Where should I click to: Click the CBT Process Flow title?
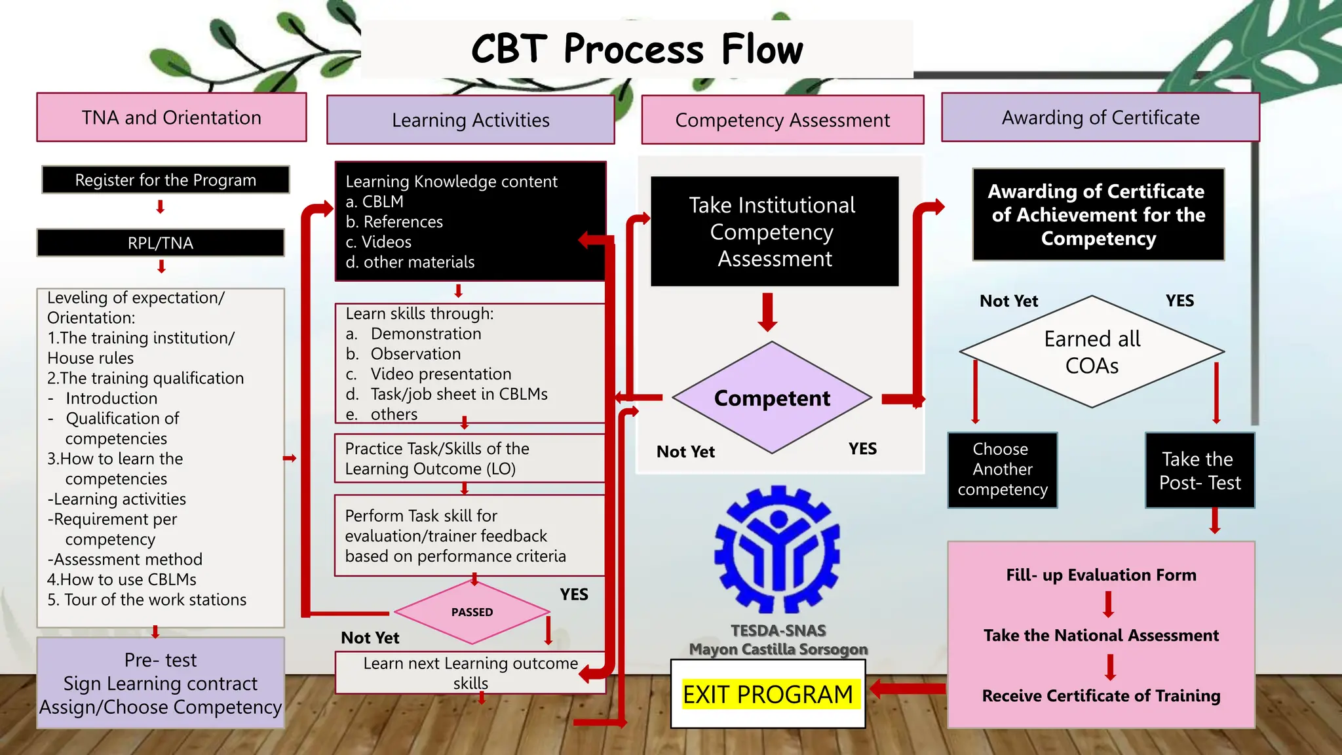coord(636,49)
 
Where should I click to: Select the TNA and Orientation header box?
coord(172,117)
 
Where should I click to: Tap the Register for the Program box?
coord(165,180)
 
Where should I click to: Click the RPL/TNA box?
coord(161,243)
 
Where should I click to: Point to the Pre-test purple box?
coord(161,683)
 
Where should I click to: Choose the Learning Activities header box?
coord(470,120)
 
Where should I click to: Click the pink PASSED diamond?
coord(472,612)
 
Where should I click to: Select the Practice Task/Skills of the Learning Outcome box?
coord(469,459)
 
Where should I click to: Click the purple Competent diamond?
coord(772,398)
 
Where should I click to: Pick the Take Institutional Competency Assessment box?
coord(774,231)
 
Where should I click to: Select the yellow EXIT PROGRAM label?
coord(767,695)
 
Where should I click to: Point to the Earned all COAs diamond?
coord(1092,352)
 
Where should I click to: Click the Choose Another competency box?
coord(1002,470)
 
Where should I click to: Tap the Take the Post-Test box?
coord(1199,471)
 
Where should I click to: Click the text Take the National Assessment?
coord(1101,635)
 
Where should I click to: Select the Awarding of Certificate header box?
coord(1100,117)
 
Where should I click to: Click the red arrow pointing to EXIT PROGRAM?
coord(907,689)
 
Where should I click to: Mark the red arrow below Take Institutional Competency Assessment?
coord(767,312)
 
